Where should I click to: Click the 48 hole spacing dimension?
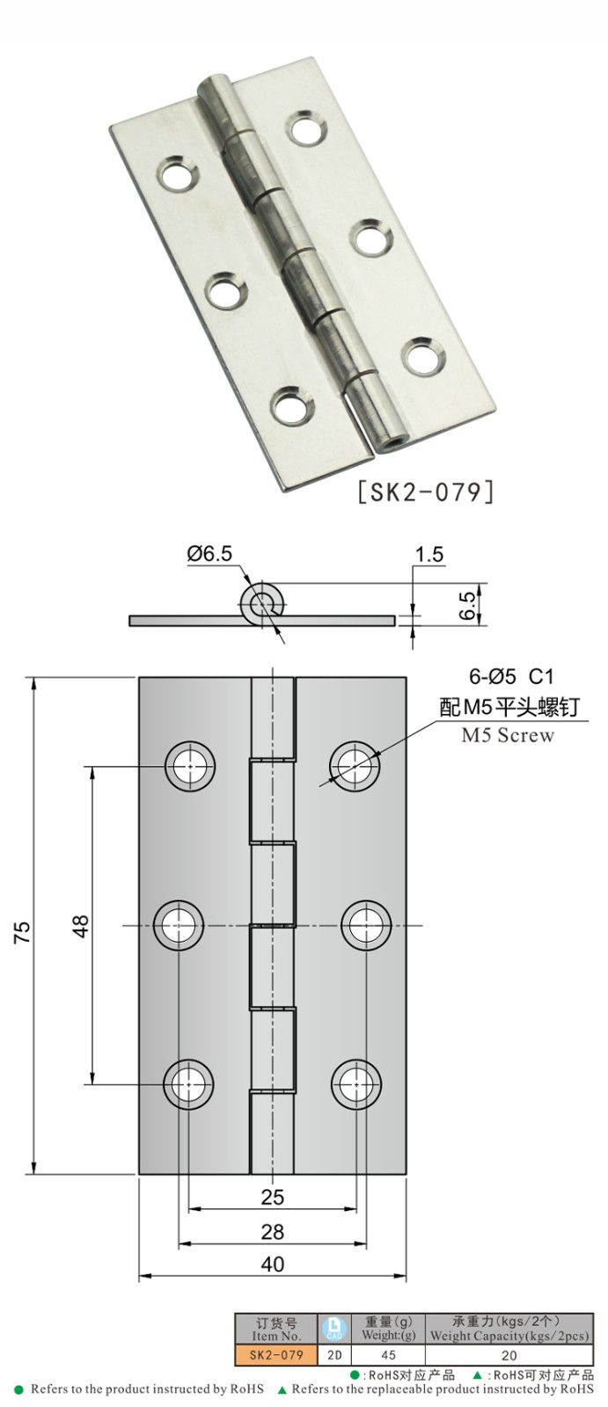click(x=81, y=927)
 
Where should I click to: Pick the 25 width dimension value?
click(x=273, y=1197)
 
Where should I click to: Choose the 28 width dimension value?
click(x=273, y=1232)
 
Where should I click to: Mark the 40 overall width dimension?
click(x=273, y=1265)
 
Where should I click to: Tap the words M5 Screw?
click(x=509, y=735)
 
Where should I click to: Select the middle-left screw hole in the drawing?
click(x=179, y=925)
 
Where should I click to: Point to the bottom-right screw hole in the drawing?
click(x=356, y=1083)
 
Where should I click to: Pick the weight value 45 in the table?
click(x=389, y=1355)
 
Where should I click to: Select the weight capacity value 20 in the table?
click(x=509, y=1355)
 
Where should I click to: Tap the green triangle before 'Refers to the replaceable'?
click(x=282, y=1390)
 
